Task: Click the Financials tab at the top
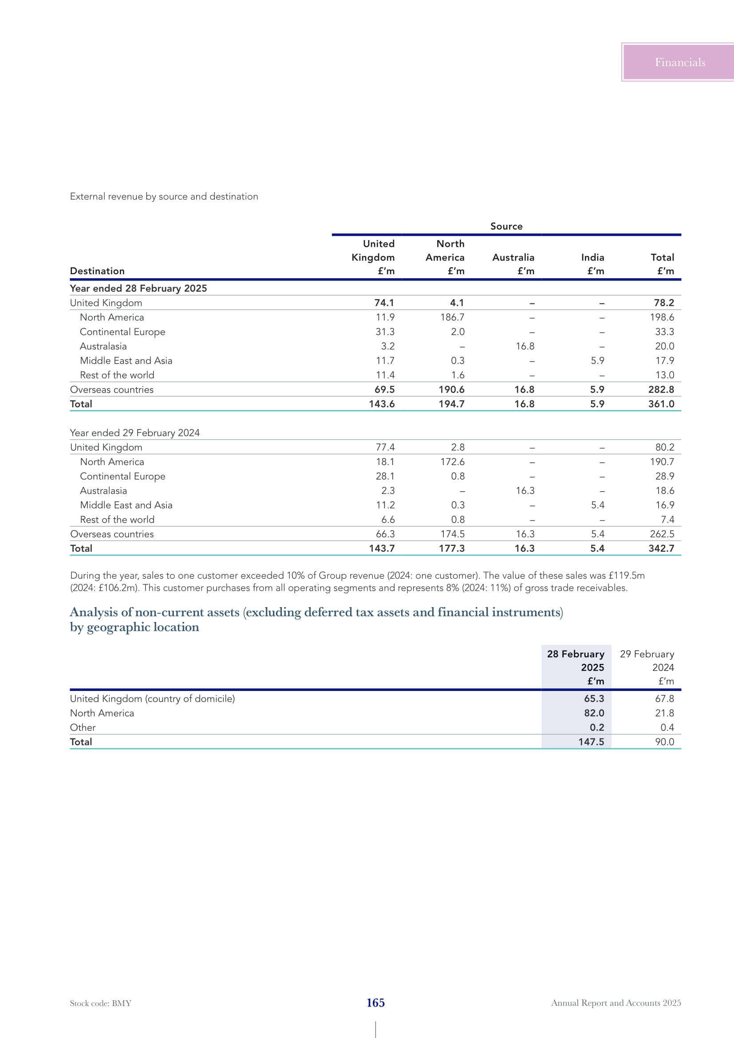coord(679,63)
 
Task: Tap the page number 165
coord(375,1003)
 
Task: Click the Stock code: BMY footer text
coord(100,1003)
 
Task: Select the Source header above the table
coord(506,226)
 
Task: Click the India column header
coord(592,257)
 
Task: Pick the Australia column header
coord(513,257)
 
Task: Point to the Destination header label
coord(97,271)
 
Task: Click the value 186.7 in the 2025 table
coord(452,317)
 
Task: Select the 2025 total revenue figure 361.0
coord(661,404)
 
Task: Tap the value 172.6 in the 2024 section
coord(452,462)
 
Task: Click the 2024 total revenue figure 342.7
coord(661,549)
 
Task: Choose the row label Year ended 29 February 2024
coord(135,433)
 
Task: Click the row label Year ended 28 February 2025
coord(138,288)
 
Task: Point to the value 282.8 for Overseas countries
coord(661,389)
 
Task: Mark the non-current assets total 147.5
coord(591,742)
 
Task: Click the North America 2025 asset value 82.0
coord(594,713)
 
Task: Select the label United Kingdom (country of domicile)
coord(152,699)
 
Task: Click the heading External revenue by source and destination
coord(164,196)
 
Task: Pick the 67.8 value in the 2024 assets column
coord(664,699)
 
